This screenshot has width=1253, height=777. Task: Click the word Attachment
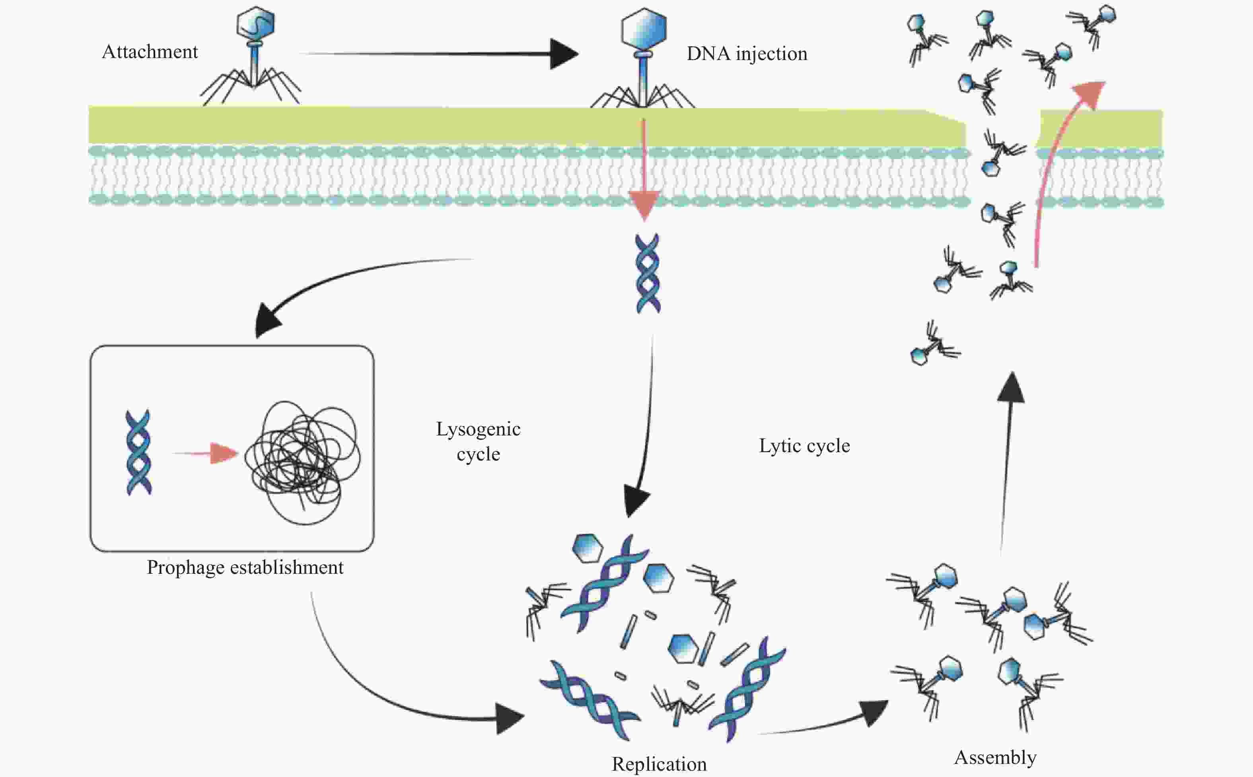coord(150,52)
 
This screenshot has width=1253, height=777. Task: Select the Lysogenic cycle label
coord(478,441)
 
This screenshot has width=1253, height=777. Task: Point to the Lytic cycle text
coord(804,445)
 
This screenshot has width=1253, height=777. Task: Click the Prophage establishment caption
coord(245,567)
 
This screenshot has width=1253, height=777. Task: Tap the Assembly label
coord(995,757)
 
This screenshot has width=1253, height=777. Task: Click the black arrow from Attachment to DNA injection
coord(437,53)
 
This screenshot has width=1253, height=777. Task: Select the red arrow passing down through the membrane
coord(644,169)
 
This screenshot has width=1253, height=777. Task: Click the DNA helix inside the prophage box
coord(139,452)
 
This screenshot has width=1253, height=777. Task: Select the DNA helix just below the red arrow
coord(648,274)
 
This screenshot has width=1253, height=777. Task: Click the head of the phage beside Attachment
coord(255,24)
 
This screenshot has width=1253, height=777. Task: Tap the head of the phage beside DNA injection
coord(644,28)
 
